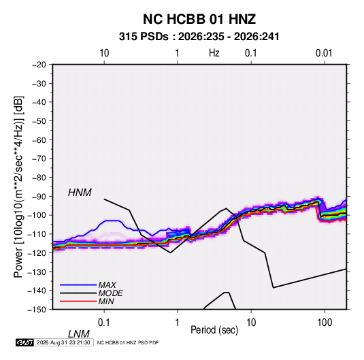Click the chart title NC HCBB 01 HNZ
point(199,19)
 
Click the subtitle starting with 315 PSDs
point(199,37)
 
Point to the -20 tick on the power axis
point(39,65)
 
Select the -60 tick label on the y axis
point(39,140)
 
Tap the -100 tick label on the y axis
point(37,215)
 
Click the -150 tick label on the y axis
point(37,310)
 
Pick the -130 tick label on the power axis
point(37,272)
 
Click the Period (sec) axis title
point(214,330)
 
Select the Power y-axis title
point(18,186)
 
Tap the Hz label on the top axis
point(214,53)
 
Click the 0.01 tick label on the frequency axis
point(324,53)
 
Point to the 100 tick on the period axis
point(325,323)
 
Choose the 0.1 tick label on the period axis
point(104,323)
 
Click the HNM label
point(80,193)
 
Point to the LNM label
point(78,334)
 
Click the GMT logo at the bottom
point(25,342)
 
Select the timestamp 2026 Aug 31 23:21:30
point(63,342)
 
